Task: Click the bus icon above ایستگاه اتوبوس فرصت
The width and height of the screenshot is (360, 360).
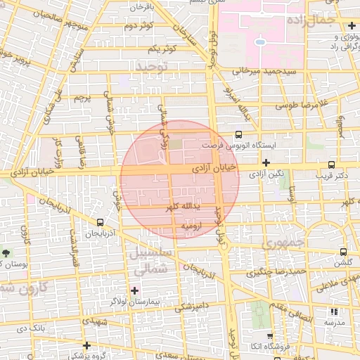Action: point(238,134)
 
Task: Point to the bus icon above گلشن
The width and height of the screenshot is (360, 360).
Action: point(343,252)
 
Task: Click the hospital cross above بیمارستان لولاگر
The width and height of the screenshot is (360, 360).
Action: point(134,290)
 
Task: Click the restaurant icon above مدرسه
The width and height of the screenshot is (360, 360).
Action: point(334,310)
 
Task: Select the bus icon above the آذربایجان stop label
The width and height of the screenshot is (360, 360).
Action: point(99,221)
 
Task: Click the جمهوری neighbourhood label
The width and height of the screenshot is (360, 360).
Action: point(281,244)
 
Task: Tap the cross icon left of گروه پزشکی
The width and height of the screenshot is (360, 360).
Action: point(86,345)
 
